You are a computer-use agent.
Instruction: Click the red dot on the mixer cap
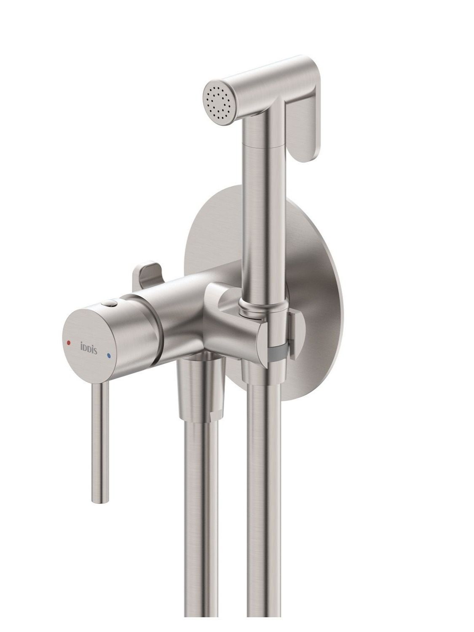point(68,343)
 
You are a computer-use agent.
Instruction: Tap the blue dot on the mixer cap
point(109,356)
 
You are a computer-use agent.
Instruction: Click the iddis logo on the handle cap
point(88,348)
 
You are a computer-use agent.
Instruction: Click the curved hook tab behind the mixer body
point(146,273)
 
